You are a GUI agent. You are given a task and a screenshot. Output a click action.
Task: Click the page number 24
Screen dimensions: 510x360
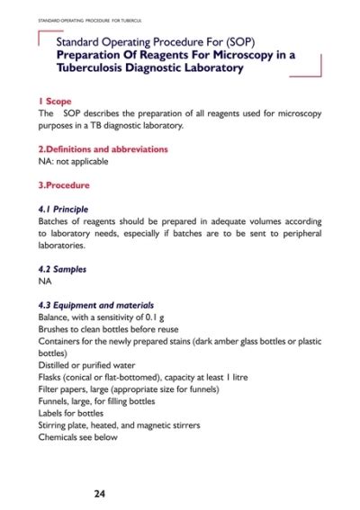click(102, 493)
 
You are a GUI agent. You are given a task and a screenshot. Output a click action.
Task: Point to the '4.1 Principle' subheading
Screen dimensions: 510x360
click(63, 208)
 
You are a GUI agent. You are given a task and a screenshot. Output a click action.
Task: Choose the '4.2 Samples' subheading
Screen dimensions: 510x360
click(61, 268)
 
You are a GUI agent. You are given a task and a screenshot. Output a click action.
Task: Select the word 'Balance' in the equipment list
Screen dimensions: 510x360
click(55, 318)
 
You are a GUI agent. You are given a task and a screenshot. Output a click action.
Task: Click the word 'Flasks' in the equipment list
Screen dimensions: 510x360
click(51, 378)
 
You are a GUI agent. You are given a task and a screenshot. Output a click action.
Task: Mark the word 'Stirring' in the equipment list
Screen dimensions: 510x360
click(54, 425)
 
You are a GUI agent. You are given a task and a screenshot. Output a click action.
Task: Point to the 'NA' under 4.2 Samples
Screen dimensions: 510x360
click(45, 281)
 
